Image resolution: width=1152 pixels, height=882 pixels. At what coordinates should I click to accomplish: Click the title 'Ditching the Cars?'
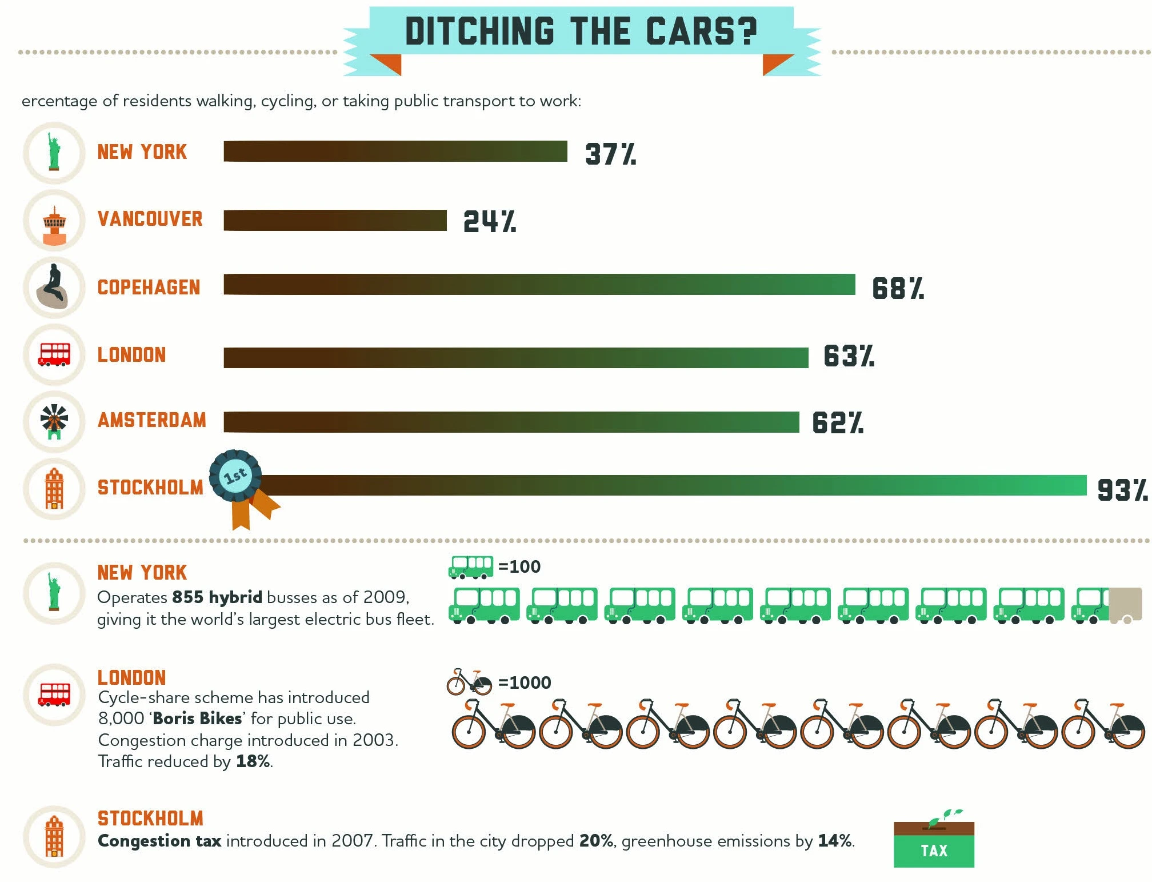tap(581, 31)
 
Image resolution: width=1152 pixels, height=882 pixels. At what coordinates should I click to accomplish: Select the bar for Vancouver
tap(335, 221)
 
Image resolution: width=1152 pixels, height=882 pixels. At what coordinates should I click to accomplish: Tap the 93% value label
tap(1122, 490)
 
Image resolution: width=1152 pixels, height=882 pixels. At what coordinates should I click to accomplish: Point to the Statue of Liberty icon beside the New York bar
tap(54, 152)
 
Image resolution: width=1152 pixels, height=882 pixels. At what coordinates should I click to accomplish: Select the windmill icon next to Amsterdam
tap(54, 422)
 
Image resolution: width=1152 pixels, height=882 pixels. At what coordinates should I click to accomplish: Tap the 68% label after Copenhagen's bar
tap(897, 289)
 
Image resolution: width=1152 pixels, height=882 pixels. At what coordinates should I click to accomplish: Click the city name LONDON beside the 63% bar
tap(131, 355)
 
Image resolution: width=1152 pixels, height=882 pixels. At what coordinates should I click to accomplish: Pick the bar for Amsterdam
tap(511, 422)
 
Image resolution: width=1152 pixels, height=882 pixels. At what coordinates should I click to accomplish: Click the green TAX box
tap(934, 851)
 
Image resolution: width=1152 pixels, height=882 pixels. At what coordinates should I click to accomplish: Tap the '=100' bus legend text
tap(519, 567)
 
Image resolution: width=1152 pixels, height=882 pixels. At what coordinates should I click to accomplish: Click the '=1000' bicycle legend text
tap(524, 683)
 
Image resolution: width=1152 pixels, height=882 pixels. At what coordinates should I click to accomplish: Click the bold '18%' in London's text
tap(253, 762)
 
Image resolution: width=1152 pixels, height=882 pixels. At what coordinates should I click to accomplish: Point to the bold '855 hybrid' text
tap(217, 597)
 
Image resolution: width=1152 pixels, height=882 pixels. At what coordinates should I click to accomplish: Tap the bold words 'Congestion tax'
tap(159, 841)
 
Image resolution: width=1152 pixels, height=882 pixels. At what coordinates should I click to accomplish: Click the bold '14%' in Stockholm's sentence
tap(835, 841)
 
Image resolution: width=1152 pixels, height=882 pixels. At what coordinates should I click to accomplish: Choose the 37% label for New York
tap(610, 154)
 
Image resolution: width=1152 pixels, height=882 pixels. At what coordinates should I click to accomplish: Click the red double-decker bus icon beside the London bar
tap(54, 354)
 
